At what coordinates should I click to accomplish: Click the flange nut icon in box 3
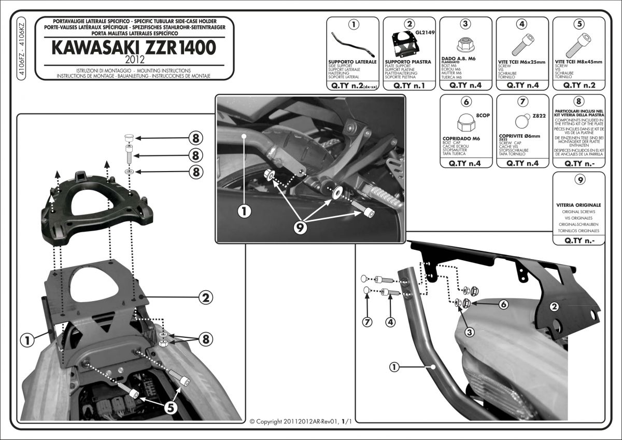(x=465, y=45)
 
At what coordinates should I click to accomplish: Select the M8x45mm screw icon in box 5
(x=576, y=46)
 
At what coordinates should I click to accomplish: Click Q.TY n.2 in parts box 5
(x=579, y=84)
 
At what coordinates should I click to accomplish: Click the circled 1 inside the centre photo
(x=246, y=211)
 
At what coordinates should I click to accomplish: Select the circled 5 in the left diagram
(x=169, y=407)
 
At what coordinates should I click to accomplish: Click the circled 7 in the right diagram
(x=367, y=322)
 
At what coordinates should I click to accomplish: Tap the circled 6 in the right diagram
(x=502, y=305)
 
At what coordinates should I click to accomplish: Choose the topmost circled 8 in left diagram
(x=195, y=138)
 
